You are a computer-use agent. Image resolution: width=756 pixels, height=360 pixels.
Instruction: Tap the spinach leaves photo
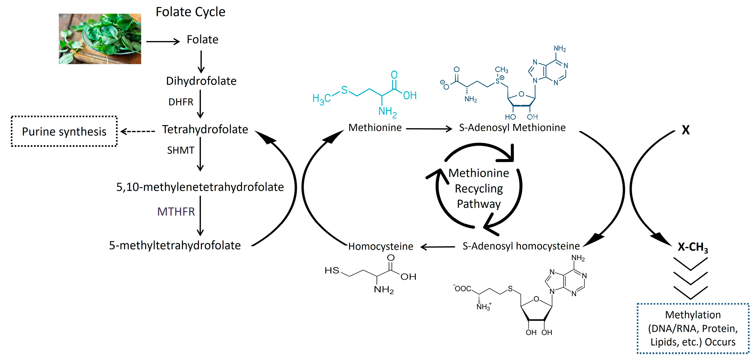pyautogui.click(x=100, y=39)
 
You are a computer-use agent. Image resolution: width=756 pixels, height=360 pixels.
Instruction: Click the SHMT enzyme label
pyautogui.click(x=181, y=150)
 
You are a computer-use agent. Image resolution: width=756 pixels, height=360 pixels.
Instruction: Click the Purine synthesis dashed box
pyautogui.click(x=64, y=131)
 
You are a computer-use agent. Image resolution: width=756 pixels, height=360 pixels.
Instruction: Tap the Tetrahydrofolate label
pyautogui.click(x=205, y=129)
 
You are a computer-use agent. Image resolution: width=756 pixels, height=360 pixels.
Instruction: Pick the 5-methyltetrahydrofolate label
pyautogui.click(x=175, y=246)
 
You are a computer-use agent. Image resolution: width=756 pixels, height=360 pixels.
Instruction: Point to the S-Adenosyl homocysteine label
pyautogui.click(x=521, y=246)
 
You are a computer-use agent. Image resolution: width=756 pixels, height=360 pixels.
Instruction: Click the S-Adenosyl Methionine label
pyautogui.click(x=512, y=128)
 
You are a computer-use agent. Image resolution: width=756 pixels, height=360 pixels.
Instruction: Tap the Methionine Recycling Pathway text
pyautogui.click(x=479, y=188)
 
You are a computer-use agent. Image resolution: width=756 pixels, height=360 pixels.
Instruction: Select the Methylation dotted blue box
pyautogui.click(x=693, y=328)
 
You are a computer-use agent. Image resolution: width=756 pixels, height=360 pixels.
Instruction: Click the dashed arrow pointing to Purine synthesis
pyautogui.click(x=138, y=131)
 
